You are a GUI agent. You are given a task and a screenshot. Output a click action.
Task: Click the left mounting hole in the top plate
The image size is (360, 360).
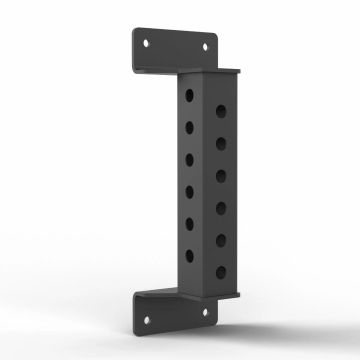click(148, 43)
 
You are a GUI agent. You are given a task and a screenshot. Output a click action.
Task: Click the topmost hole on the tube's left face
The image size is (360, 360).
click(190, 97)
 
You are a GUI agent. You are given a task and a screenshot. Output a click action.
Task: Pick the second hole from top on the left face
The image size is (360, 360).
click(190, 128)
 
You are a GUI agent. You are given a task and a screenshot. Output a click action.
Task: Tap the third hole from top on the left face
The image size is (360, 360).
click(190, 158)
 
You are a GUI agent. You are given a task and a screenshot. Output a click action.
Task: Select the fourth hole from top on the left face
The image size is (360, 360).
click(190, 188)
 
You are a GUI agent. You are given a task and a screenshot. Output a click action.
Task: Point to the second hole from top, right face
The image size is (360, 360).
click(220, 143)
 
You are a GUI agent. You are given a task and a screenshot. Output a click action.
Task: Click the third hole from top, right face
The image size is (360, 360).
click(220, 173)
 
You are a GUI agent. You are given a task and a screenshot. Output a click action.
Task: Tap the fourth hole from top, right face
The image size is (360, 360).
click(220, 204)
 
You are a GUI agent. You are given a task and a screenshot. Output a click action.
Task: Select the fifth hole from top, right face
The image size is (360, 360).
click(220, 235)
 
